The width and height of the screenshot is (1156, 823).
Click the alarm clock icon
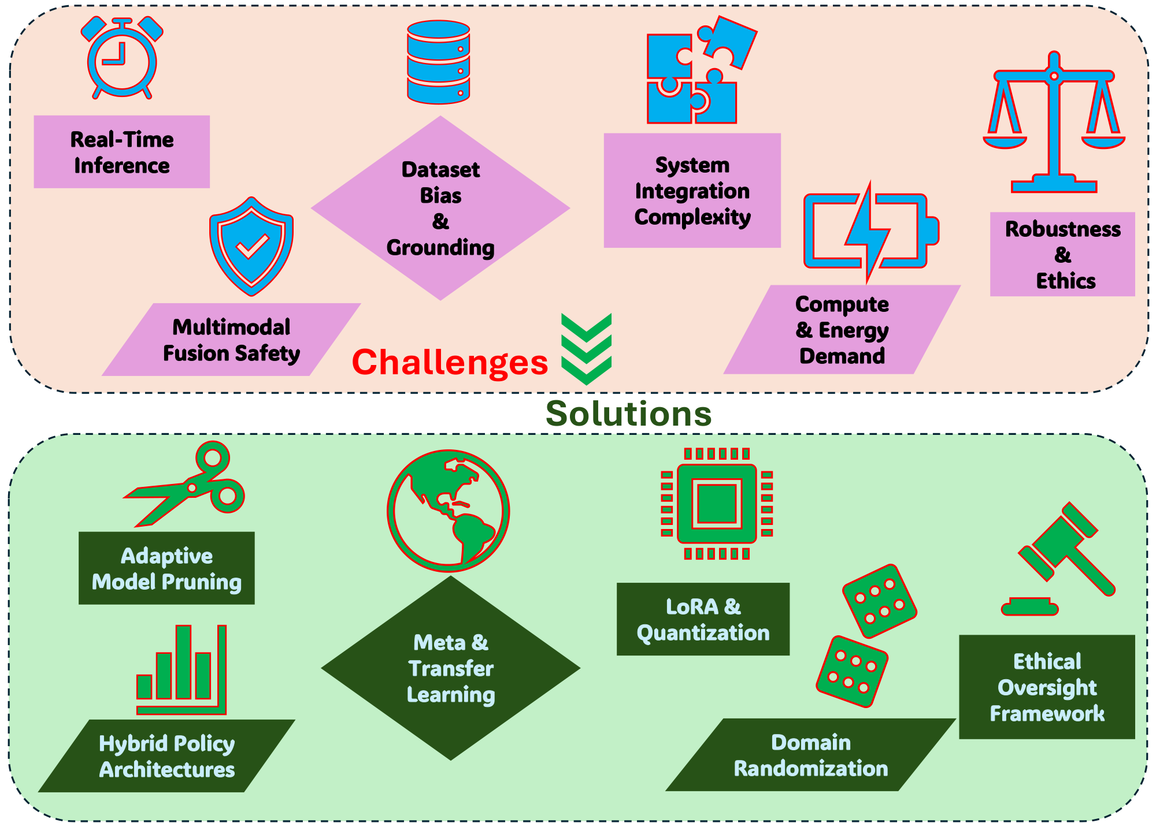coord(122,59)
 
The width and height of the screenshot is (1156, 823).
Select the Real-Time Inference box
coord(121,152)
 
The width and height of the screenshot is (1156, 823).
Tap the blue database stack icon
coord(438,62)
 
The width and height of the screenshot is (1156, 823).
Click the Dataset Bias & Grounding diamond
coord(440,208)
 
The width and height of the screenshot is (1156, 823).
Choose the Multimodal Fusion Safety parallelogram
coord(231,340)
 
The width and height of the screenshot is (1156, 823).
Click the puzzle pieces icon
coord(696,72)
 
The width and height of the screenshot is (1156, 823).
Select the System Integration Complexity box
coord(692,191)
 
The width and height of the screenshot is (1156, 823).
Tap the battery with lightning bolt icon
coord(870,231)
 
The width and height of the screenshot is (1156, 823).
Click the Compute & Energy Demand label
coord(842,330)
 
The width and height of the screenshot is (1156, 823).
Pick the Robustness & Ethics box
coord(1062,255)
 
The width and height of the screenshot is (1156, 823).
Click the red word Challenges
coord(450,363)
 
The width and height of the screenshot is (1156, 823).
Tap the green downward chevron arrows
coord(586,349)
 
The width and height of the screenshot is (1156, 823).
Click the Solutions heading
coord(628,414)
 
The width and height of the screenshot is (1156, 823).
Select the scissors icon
coord(191,484)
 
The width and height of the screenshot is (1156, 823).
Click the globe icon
coord(448,511)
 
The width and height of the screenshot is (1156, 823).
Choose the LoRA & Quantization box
coord(703,620)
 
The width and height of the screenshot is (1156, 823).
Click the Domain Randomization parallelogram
coord(810,755)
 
